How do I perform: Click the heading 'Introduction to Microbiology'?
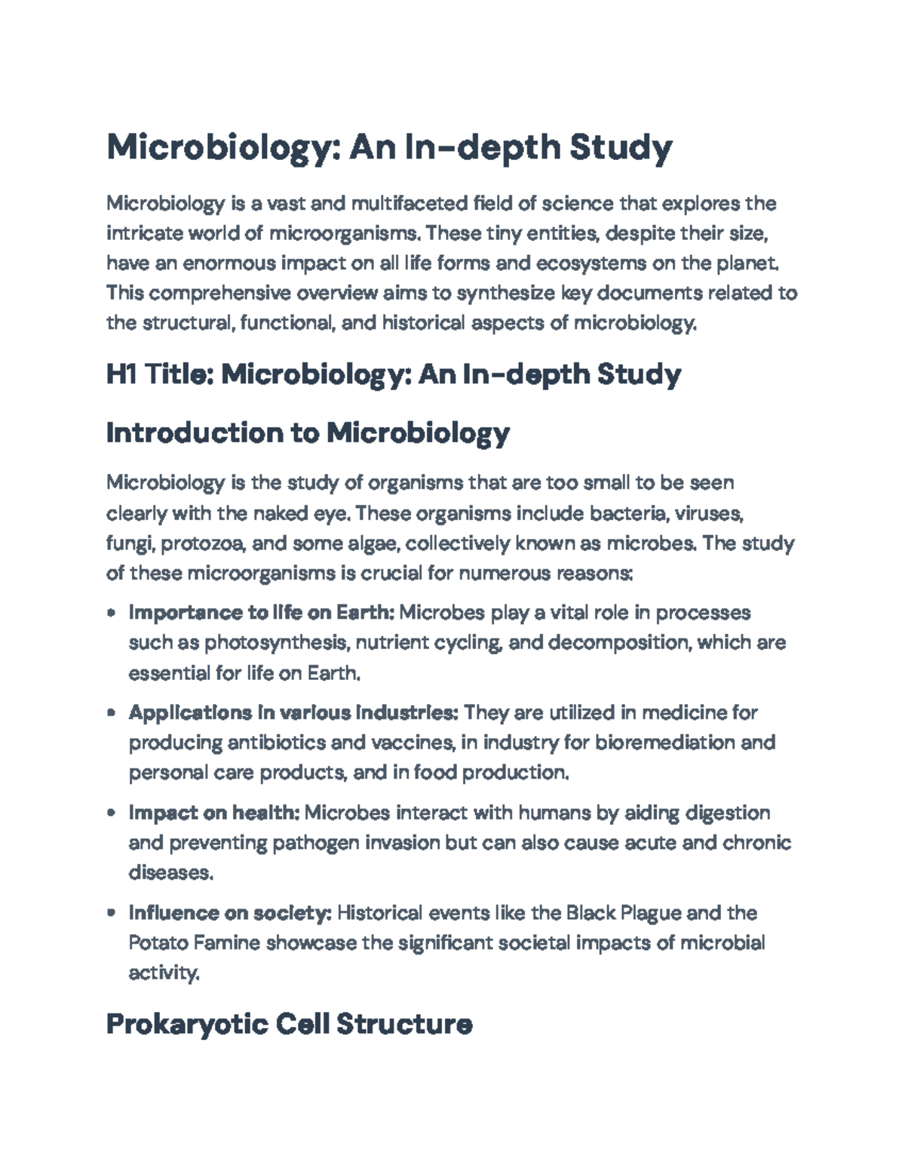[308, 433]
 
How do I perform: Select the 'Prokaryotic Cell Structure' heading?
[289, 1024]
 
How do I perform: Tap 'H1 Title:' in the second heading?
[159, 374]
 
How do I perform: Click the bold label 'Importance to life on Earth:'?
[261, 612]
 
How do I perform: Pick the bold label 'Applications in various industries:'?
[293, 712]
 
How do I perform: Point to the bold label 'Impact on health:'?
[214, 813]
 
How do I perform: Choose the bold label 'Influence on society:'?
[230, 913]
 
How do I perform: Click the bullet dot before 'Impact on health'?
[112, 814]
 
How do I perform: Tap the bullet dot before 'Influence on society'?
[112, 914]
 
